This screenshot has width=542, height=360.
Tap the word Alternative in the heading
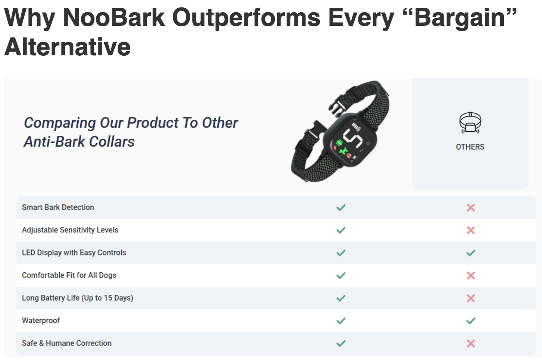[67, 47]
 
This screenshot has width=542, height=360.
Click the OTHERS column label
[470, 147]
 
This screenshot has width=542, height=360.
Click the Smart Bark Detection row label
[58, 207]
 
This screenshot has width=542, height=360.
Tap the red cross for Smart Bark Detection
[470, 207]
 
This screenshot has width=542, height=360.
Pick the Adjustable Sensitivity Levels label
[70, 230]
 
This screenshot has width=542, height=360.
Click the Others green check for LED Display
[470, 253]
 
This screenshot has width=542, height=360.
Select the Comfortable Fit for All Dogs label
[69, 275]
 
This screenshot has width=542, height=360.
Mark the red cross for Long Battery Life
[470, 298]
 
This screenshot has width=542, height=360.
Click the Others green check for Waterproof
[470, 321]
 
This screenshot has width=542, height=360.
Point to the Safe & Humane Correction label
[66, 343]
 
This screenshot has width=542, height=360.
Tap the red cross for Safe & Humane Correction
[470, 343]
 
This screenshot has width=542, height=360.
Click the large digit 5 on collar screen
[353, 138]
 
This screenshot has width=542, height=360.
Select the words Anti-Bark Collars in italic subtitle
[79, 142]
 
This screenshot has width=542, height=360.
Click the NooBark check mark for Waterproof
[341, 321]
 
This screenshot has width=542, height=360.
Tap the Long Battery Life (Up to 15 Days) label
[77, 298]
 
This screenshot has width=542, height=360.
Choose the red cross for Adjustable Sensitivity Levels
[470, 230]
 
